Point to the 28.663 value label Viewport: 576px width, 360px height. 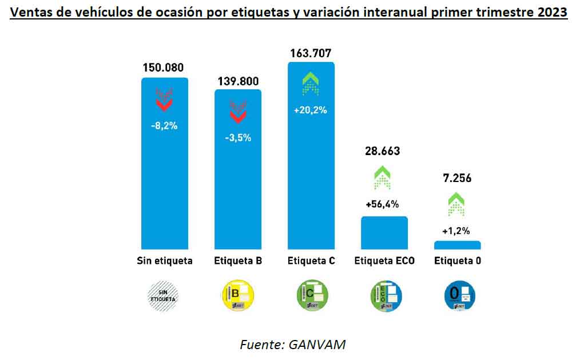tap(383, 151)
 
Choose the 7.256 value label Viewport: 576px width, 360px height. tap(456, 178)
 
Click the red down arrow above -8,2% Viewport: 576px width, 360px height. tap(164, 99)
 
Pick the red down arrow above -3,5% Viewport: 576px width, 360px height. tap(237, 112)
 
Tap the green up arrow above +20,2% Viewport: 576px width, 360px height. tap(311, 84)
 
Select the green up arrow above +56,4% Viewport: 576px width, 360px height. tap(383, 178)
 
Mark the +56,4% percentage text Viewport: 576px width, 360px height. tap(383, 204)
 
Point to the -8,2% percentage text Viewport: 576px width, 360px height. tap(164, 125)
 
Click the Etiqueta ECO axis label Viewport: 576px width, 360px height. tap(384, 261)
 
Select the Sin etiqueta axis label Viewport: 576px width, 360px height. tap(165, 261)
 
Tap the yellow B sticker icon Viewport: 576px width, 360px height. tap(237, 294)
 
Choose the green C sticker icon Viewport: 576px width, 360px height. tap(311, 294)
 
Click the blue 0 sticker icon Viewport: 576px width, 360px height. tap(460, 294)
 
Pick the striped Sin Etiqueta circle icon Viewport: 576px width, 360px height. tap(164, 294)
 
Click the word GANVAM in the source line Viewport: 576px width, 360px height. tap(317, 345)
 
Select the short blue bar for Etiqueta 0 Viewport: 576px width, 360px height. tap(457, 245)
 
